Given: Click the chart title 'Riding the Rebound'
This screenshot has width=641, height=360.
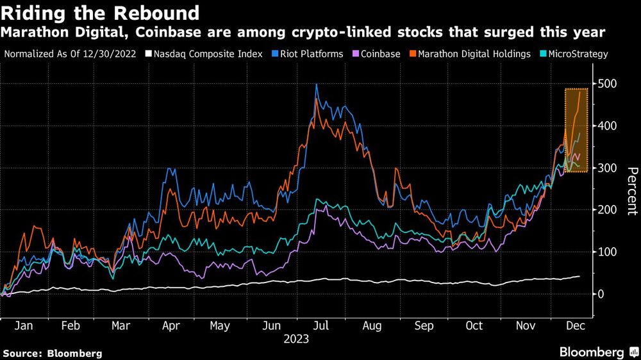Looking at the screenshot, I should click(x=101, y=12).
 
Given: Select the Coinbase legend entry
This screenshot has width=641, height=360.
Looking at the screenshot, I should click(x=382, y=54).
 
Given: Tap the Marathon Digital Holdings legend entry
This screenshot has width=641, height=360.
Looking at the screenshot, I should click(x=474, y=54).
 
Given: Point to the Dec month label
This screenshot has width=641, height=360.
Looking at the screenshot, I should click(x=575, y=326).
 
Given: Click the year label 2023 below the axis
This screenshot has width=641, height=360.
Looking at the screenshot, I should click(x=296, y=339).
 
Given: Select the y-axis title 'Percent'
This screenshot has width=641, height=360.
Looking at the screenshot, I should click(x=631, y=190).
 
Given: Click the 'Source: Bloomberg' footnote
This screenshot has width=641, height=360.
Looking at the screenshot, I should click(x=53, y=353).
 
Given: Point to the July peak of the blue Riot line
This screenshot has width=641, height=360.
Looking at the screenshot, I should click(x=317, y=85).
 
